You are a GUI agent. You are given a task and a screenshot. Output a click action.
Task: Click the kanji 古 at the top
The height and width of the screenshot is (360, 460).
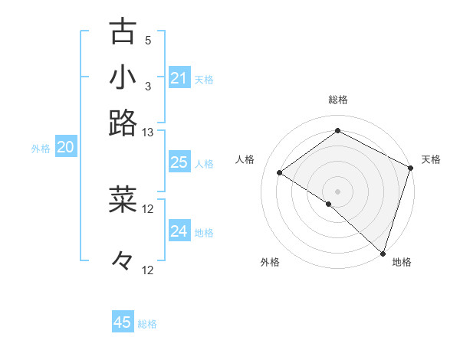[123, 31]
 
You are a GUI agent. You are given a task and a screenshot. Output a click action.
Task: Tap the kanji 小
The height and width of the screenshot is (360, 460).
[123, 77]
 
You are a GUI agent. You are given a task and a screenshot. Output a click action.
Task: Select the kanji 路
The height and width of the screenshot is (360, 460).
[123, 123]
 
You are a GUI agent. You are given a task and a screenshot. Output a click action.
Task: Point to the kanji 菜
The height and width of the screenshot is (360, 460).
[123, 199]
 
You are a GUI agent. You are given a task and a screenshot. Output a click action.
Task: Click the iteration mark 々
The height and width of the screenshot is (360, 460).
[123, 260]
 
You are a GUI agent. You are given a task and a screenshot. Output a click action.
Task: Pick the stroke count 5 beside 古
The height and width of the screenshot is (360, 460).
[148, 41]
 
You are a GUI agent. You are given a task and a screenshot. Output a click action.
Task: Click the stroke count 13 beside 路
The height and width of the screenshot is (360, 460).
[148, 132]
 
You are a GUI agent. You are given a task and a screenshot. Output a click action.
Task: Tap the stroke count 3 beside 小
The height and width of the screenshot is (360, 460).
[148, 87]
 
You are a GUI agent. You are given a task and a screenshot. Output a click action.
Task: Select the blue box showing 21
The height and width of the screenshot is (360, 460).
[179, 78]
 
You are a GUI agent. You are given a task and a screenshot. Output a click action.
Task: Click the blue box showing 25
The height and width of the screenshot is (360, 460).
[179, 162]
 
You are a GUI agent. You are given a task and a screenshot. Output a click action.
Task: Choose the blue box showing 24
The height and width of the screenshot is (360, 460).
[179, 231]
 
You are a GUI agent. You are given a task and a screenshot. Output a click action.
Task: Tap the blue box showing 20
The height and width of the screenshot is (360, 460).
[65, 148]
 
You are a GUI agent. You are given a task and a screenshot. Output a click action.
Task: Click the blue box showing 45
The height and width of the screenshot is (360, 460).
[123, 322]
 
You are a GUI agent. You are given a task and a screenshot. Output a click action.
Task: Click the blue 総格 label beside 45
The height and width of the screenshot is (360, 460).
[147, 324]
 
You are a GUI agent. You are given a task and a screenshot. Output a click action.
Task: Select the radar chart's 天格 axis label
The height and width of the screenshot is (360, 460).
[431, 159]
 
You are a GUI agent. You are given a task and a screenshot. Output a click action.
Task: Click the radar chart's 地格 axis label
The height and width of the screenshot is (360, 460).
[402, 262]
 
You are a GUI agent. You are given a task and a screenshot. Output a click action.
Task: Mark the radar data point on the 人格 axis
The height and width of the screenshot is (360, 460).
[280, 172]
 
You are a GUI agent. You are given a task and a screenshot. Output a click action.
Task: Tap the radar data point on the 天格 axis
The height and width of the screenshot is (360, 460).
[411, 168]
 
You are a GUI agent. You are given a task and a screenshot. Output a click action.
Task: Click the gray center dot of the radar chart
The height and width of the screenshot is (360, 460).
[337, 191]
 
